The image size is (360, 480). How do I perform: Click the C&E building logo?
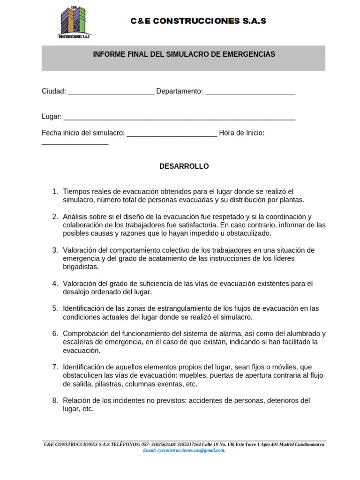coord(74,22)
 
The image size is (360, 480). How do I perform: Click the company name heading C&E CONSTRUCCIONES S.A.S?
coord(198,21)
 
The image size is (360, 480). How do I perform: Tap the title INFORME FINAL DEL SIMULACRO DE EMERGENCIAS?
coord(184,54)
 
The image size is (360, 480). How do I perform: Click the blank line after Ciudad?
coord(111,92)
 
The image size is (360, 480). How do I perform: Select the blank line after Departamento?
coord(250,92)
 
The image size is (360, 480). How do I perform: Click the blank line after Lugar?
coord(179,117)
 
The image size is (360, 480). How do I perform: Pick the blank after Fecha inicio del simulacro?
coord(172,134)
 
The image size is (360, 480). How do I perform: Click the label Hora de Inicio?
coord(241,133)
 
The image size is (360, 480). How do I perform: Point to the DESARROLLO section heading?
coord(184,166)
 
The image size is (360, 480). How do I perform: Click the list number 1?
coord(55,191)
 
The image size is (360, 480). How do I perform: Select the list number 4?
coord(55,283)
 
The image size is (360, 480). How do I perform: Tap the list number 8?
coord(55,400)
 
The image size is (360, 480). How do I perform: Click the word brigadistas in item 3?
coord(81,267)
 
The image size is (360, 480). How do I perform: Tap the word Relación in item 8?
coord(76,400)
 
